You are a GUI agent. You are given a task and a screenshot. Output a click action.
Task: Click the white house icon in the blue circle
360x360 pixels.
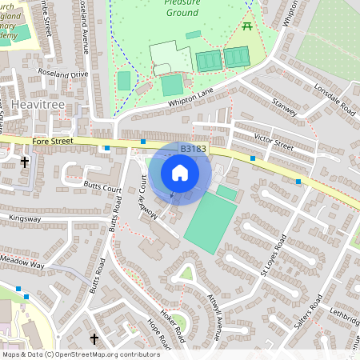coord(180,172)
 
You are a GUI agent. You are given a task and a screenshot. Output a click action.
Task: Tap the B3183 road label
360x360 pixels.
coord(194,149)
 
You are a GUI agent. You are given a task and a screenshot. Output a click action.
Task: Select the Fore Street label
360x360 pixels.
coord(52,142)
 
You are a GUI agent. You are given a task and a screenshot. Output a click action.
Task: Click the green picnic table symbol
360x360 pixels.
coord(248,27)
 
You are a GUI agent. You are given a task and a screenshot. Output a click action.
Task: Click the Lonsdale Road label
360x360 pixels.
coord(334,98)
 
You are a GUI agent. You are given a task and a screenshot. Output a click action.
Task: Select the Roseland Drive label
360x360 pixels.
coord(62,74)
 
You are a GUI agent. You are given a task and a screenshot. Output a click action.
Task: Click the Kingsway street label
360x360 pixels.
coord(24,218)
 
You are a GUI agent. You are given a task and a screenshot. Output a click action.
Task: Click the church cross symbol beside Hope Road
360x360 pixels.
coord(94,339)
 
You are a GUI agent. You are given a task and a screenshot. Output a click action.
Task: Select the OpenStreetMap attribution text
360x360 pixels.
coord(80,354)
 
